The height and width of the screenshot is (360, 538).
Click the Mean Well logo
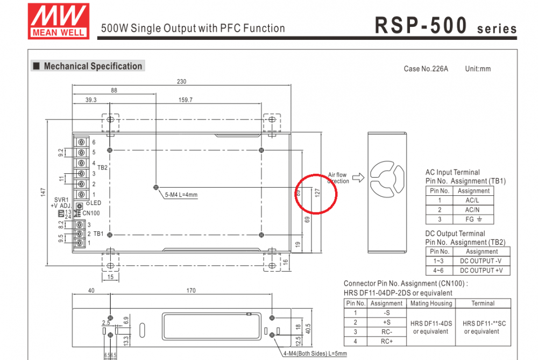coord(59,21)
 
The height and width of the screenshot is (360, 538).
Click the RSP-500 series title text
coord(445,25)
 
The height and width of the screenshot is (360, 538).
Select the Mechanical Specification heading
coord(93,66)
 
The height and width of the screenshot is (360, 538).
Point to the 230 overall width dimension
coord(181,82)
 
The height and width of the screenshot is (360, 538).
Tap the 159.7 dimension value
coord(185,100)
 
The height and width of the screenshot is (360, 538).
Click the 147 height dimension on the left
coord(44,192)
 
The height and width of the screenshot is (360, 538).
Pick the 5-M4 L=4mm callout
coord(181,195)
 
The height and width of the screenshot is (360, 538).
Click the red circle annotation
coord(316,194)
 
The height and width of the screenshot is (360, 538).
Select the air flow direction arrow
coord(358,177)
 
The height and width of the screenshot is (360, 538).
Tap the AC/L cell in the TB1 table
coord(473,200)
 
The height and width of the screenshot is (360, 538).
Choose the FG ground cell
coord(473,219)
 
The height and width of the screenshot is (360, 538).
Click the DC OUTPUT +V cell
coord(482,270)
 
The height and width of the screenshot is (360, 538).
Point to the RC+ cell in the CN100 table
coord(387,341)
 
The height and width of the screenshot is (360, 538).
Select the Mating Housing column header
coord(430,303)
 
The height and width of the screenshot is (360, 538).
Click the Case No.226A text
coord(426,69)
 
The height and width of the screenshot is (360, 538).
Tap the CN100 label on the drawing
coord(91,213)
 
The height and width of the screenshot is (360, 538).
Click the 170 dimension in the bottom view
coord(190,291)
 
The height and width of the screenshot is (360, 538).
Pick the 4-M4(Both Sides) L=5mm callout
coord(315,354)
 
